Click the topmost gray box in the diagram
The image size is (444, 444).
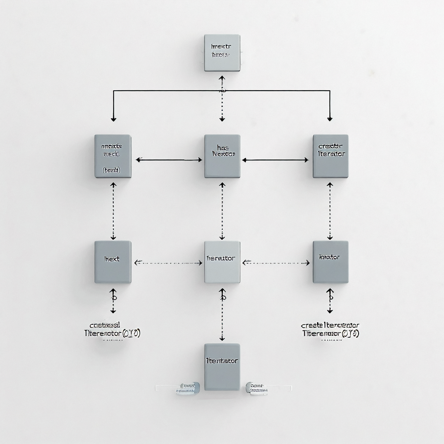tap(222, 53)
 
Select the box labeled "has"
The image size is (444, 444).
tap(222, 156)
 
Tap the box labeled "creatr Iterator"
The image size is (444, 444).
tap(330, 156)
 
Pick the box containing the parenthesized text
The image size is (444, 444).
tap(113, 156)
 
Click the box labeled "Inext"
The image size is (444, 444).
tap(113, 262)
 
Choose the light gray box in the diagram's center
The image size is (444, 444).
tap(222, 262)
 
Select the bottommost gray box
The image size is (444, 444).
tap(222, 367)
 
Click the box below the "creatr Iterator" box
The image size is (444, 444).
tap(330, 262)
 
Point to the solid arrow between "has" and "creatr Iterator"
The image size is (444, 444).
tap(275, 160)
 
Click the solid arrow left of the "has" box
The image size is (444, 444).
tap(169, 160)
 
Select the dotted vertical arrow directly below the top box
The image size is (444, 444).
tap(222, 99)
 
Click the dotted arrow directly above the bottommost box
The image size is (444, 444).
tap(222, 314)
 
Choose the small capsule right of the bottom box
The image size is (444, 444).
tap(257, 387)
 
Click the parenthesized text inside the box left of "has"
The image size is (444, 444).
tap(112, 170)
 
